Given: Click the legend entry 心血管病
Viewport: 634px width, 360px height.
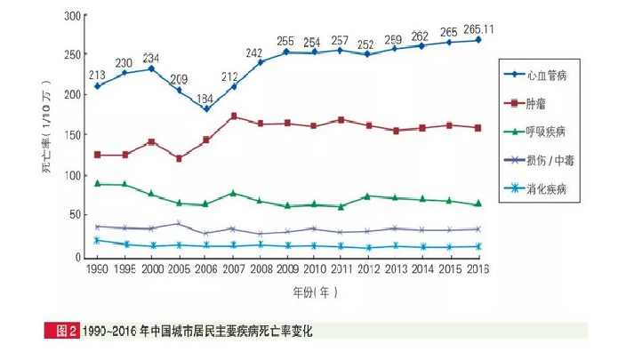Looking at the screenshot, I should click(x=546, y=77).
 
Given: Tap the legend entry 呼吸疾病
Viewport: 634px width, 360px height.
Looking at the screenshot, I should click(x=546, y=132).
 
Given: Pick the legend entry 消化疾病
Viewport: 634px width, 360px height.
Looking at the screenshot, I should click(x=546, y=188).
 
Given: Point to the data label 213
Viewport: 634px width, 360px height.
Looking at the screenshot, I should click(x=97, y=74).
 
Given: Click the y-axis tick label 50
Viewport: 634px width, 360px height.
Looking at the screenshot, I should click(x=76, y=215).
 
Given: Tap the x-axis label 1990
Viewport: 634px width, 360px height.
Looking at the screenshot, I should click(x=97, y=268).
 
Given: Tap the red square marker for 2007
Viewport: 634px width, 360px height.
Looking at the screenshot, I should click(x=233, y=116).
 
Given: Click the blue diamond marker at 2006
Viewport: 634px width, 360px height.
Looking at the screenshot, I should click(x=206, y=109).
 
